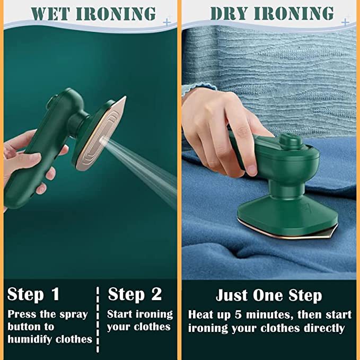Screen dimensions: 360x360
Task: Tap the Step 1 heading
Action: click(x=33, y=294)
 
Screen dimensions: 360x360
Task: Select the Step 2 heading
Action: click(x=135, y=294)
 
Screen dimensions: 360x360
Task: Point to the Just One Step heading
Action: click(x=269, y=295)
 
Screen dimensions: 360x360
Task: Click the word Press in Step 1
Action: click(x=22, y=314)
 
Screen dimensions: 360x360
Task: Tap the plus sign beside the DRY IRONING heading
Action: click(x=345, y=22)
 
